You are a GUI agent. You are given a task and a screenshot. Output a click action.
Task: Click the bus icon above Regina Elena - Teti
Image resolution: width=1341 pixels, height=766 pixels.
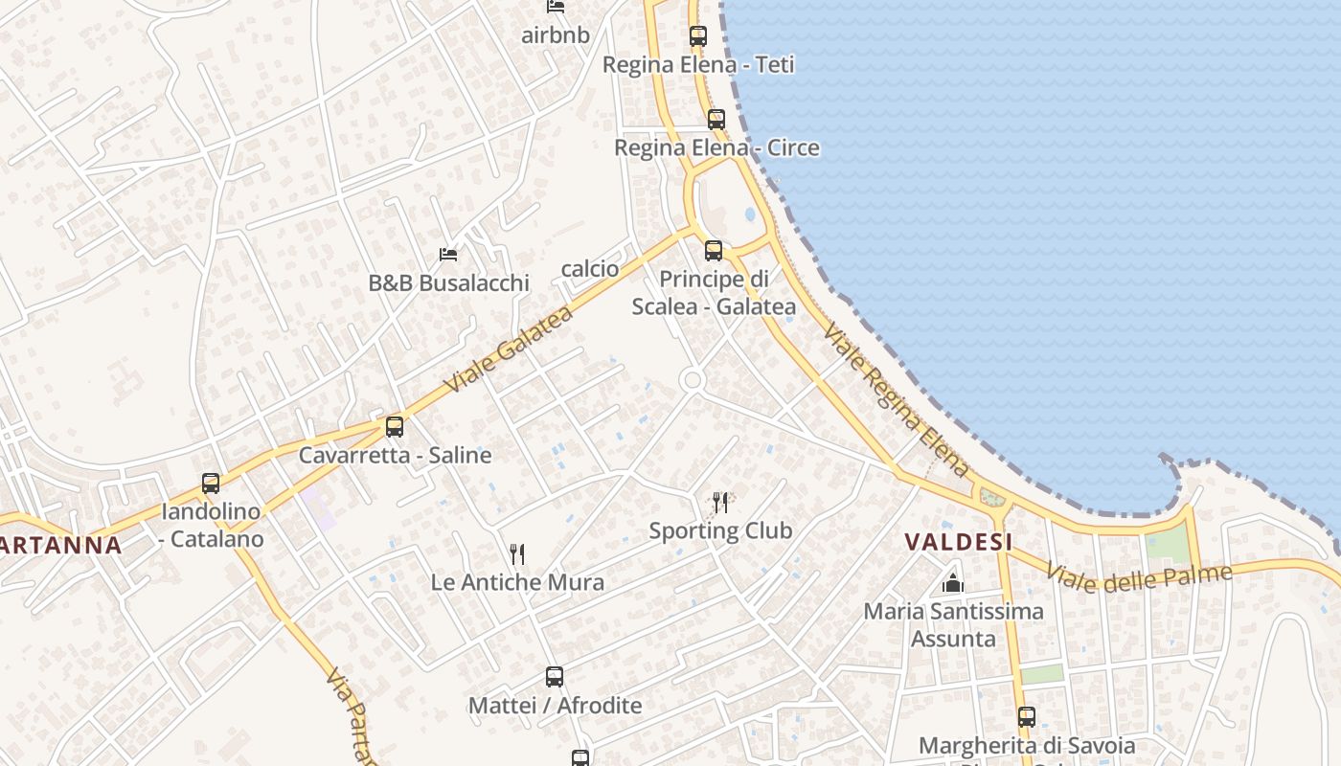(698, 36)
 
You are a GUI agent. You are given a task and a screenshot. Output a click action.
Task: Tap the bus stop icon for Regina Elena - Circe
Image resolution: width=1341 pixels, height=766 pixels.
(716, 120)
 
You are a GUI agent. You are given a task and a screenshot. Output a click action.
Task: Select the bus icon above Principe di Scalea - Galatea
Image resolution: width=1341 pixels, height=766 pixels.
(714, 251)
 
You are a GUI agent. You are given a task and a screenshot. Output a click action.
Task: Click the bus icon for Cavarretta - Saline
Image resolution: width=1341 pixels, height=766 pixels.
(395, 427)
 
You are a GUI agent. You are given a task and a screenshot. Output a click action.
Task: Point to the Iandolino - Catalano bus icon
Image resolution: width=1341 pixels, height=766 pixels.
(211, 484)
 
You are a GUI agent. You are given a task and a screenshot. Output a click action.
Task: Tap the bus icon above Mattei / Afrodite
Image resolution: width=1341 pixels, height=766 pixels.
(555, 677)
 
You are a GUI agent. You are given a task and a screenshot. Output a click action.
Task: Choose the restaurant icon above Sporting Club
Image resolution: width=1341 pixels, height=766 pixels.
(720, 502)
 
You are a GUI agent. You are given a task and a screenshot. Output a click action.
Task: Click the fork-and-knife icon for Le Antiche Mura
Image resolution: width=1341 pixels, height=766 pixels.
(517, 553)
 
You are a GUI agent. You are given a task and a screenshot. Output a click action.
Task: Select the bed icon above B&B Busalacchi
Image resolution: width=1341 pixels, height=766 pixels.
(448, 255)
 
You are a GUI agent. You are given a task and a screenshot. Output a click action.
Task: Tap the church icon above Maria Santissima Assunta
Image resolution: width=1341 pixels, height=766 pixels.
(953, 582)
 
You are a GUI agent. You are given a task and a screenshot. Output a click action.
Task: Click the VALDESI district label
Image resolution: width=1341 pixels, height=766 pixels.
(959, 542)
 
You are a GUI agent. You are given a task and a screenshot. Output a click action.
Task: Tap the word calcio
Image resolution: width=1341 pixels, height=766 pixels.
(590, 269)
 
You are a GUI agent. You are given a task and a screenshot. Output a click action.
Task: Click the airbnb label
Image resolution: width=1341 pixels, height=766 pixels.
(556, 35)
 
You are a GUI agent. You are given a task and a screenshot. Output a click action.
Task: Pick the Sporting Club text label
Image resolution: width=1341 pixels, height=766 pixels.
(720, 530)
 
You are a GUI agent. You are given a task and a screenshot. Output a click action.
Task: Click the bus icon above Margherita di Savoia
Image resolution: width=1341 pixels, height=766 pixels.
(1027, 716)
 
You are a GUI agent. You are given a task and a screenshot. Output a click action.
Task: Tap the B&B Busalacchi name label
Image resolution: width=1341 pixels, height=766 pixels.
(448, 283)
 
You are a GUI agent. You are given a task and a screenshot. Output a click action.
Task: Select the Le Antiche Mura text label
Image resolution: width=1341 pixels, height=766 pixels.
(517, 582)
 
